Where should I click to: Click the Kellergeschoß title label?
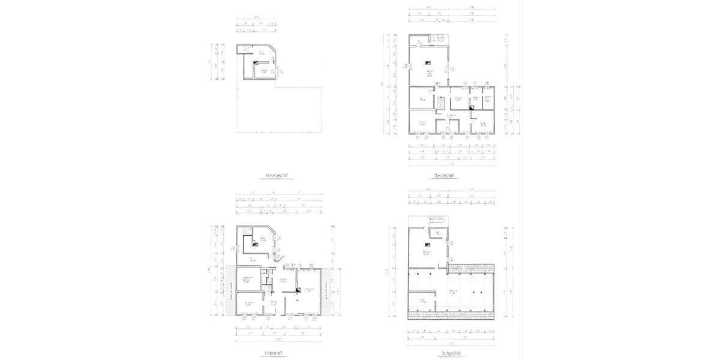[278, 176]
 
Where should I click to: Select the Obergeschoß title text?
[443, 176]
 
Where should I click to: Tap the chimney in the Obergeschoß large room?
[428, 62]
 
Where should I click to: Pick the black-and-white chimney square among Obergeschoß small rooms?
[472, 107]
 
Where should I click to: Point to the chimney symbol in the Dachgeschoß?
[427, 244]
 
